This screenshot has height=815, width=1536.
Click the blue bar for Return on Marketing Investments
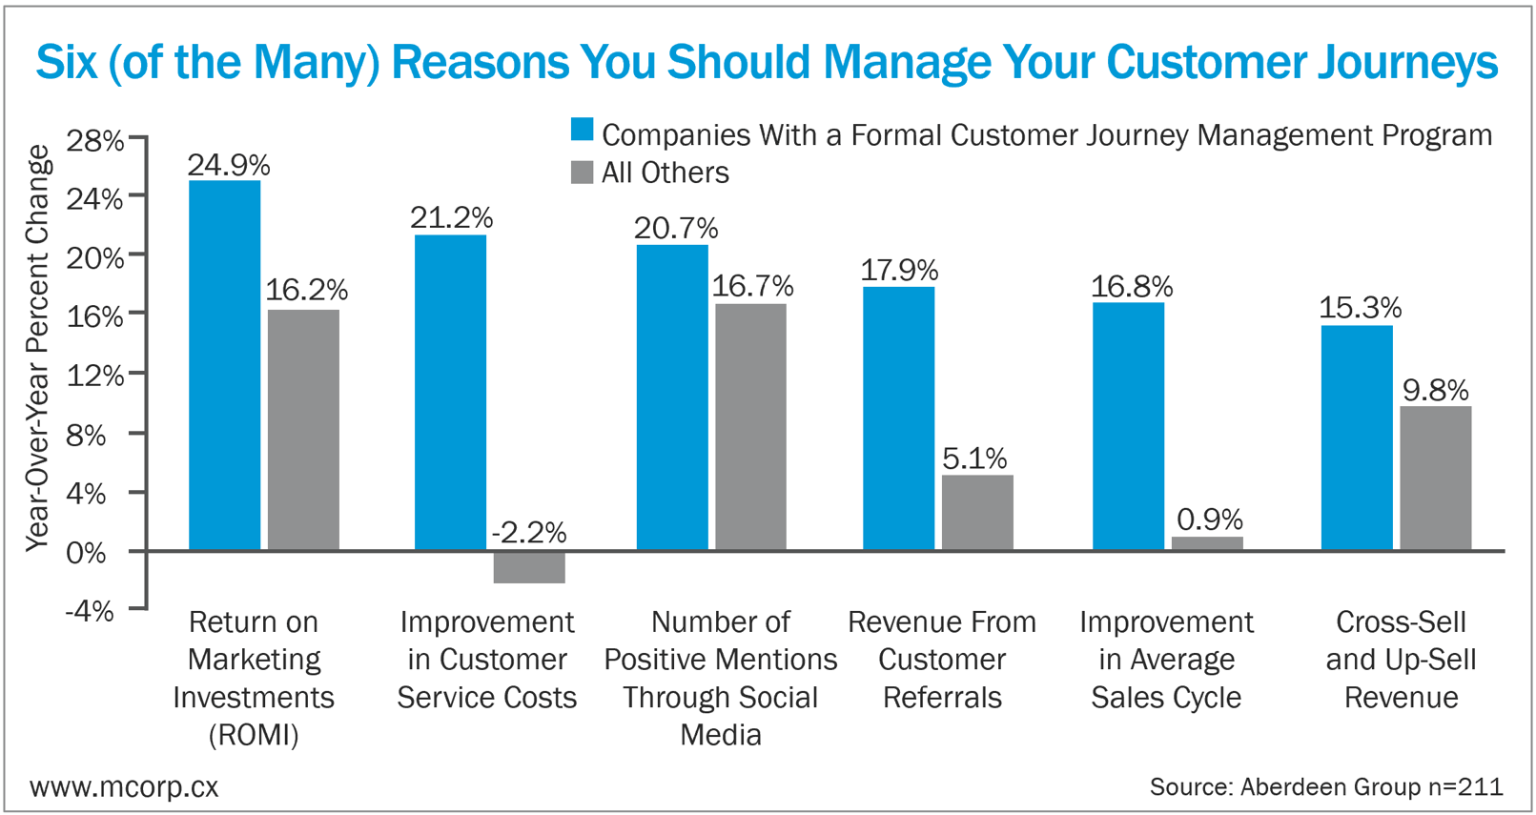[224, 365]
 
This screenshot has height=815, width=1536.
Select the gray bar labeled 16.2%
[303, 429]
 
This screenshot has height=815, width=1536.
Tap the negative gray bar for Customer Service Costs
[529, 567]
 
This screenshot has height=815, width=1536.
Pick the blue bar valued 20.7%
[672, 397]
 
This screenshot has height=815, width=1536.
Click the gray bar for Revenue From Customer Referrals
[977, 512]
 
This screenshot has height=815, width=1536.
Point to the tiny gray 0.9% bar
[1207, 543]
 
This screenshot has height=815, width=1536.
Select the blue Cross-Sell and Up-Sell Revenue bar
[1357, 438]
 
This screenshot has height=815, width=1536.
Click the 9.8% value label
[1435, 390]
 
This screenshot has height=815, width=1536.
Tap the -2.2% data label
[529, 532]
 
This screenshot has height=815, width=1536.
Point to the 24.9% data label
[229, 165]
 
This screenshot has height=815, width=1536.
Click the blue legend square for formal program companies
[582, 131]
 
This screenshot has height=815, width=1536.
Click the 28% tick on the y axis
[95, 141]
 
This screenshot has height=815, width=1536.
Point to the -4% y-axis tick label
[90, 610]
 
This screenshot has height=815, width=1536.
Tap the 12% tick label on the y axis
[95, 376]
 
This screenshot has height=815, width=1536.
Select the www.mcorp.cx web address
[124, 787]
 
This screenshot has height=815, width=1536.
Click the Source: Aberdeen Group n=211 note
[1325, 787]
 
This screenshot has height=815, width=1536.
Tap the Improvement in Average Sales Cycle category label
[1166, 660]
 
